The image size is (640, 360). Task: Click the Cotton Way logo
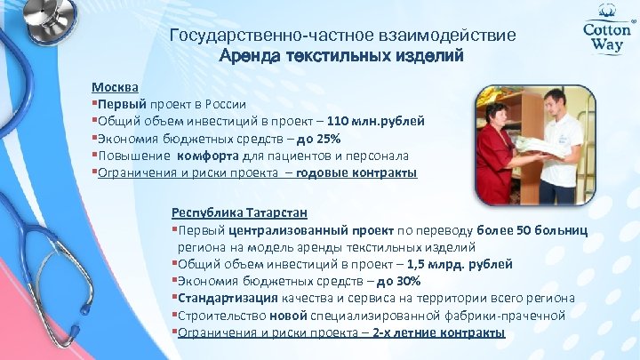point(606,34)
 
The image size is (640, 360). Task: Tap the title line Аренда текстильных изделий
point(341,56)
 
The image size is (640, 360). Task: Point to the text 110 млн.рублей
point(376,121)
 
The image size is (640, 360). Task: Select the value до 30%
point(396,281)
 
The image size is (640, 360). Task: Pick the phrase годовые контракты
point(356,172)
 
